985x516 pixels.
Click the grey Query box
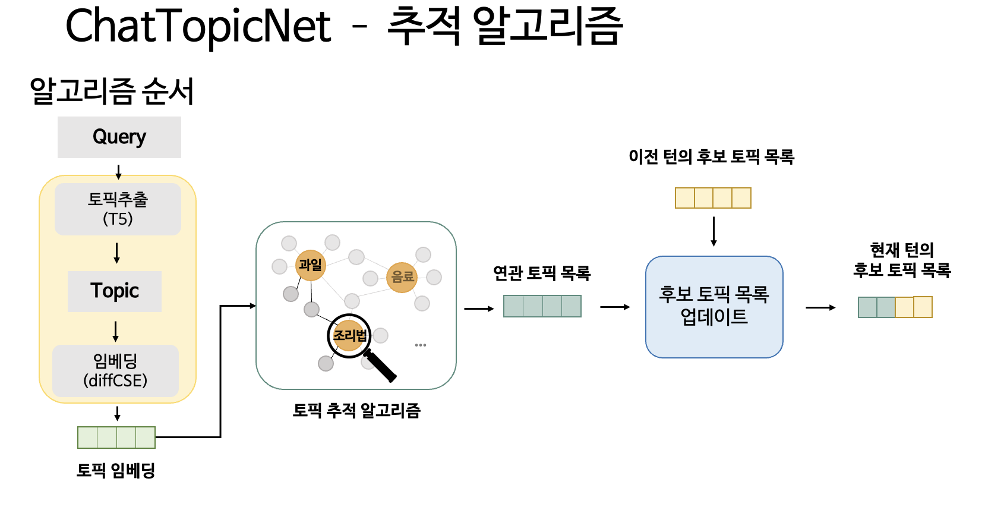click(x=119, y=137)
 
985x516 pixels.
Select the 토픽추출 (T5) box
click(x=118, y=209)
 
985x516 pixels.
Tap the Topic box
click(x=115, y=291)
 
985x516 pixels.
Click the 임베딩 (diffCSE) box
click(x=116, y=371)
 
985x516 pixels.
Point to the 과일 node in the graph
click(x=311, y=265)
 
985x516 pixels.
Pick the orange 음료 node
click(x=402, y=277)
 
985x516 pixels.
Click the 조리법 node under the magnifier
click(x=349, y=336)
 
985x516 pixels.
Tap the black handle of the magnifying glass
click(x=381, y=365)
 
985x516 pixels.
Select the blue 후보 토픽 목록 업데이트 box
click(x=714, y=307)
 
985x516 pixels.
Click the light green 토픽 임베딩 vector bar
click(x=116, y=438)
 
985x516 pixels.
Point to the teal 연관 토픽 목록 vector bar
click(x=542, y=306)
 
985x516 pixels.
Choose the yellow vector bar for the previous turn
click(x=713, y=198)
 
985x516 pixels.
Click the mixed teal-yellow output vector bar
click(x=895, y=307)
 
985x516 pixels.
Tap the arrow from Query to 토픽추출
click(x=118, y=172)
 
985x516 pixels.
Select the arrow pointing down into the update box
click(x=714, y=231)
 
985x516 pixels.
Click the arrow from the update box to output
click(x=820, y=307)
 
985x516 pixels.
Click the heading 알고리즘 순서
click(x=112, y=91)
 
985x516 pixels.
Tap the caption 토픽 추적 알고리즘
click(x=356, y=410)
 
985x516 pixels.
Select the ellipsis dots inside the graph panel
click(x=421, y=345)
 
